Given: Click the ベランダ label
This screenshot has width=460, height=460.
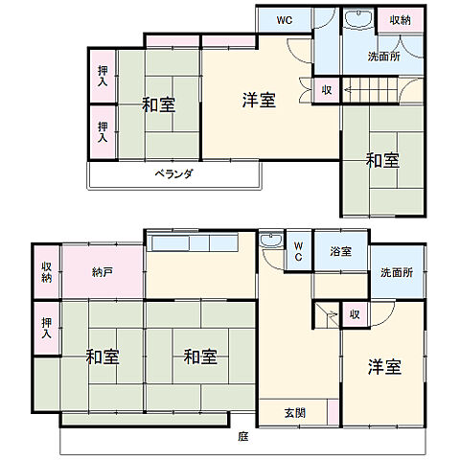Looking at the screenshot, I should click(x=174, y=174).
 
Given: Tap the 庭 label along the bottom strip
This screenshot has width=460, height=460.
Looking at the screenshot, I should click(x=242, y=437).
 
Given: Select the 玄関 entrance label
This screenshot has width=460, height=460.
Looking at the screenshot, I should click(x=294, y=413).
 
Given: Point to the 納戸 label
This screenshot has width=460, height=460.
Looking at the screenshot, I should click(x=103, y=273).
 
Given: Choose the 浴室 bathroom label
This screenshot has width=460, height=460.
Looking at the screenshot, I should click(x=340, y=252).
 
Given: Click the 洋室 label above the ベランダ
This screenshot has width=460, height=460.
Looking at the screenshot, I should click(x=258, y=99).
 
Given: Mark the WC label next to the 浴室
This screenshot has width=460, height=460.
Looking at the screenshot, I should click(x=298, y=252).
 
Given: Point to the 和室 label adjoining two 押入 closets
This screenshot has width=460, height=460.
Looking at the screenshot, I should click(x=159, y=104).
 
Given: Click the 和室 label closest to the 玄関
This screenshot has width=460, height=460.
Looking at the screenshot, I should click(x=200, y=357).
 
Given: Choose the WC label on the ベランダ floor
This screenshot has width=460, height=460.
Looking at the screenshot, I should click(x=286, y=20).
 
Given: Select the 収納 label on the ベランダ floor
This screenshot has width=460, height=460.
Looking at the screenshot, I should click(x=400, y=20).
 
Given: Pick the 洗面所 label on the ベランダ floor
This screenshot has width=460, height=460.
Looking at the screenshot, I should click(x=385, y=57).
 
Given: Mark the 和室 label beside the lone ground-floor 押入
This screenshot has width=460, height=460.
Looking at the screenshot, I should click(x=103, y=357).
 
